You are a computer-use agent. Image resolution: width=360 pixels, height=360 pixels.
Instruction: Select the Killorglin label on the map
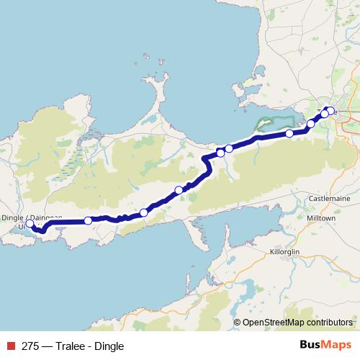pos(287,251)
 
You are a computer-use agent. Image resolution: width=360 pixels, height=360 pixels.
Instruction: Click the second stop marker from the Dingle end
pos(88,220)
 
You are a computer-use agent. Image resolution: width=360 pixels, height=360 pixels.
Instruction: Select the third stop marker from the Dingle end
pos(144,212)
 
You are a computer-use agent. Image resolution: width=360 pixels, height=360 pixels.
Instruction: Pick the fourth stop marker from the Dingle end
pos(179,190)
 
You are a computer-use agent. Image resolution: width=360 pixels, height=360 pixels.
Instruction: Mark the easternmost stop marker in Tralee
pos(330,111)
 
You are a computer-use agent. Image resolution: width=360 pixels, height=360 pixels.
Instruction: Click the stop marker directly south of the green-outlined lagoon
pos(289,133)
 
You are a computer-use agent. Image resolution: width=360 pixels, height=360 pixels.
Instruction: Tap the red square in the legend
pos(9,346)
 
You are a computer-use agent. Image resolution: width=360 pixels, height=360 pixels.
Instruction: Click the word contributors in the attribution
pos(330,323)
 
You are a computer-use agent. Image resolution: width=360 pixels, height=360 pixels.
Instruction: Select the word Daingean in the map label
pos(45,217)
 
